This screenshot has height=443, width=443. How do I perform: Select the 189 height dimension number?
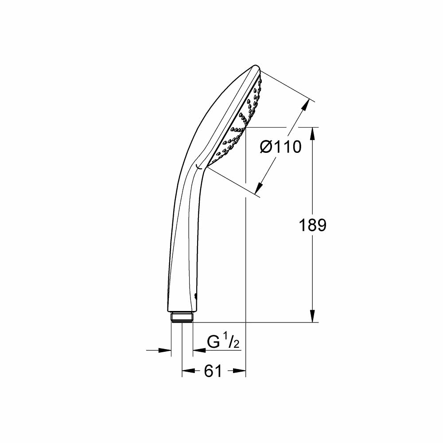click(x=312, y=225)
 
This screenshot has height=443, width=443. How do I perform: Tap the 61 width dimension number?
click(x=213, y=371)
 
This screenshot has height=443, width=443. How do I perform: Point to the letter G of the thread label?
click(x=214, y=342)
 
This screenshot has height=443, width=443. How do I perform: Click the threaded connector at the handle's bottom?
click(x=182, y=318)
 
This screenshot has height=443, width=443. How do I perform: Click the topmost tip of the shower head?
click(x=256, y=66)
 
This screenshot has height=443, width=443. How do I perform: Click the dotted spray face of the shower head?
click(x=241, y=120)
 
